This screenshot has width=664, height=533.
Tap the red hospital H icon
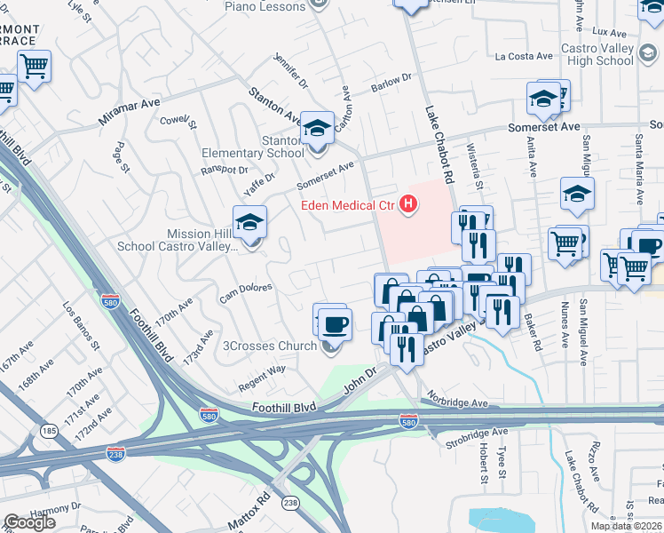click(x=408, y=205)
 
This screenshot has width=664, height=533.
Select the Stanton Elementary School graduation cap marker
click(x=316, y=129)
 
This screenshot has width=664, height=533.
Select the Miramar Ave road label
click(x=130, y=111)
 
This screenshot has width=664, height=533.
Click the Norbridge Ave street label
click(x=456, y=402)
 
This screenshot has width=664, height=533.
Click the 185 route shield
click(x=49, y=432)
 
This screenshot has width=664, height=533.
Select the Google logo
click(x=29, y=522)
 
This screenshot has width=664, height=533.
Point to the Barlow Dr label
click(x=392, y=82)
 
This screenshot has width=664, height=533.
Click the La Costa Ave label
click(x=525, y=56)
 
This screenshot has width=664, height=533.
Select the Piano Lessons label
click(x=265, y=6)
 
